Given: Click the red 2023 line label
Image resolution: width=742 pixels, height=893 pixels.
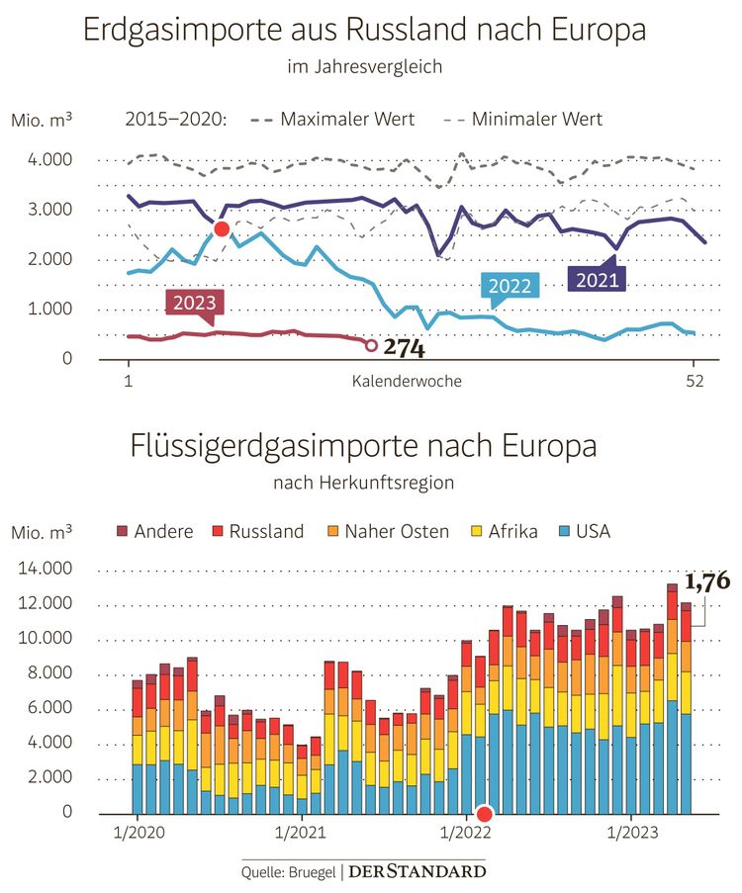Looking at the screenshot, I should pos(194,302).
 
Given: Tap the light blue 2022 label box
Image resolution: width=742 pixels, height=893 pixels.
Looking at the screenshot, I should pos(510,286).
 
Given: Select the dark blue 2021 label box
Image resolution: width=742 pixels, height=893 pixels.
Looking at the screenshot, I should pos(599,279).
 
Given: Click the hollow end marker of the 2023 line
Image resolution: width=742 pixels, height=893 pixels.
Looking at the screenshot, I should pos(371,345).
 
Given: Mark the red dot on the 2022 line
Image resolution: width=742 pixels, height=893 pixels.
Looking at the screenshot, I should pos(222,229).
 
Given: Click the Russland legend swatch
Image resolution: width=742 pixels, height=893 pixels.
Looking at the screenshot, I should pos(217,532).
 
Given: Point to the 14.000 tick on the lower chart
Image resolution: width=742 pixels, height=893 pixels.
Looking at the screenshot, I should pos(44,570).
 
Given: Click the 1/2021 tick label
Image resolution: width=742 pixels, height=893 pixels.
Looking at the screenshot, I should pos(301,835).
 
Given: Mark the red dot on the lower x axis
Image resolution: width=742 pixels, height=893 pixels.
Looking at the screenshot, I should pos(484,814).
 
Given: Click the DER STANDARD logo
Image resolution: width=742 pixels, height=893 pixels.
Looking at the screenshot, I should pos(419,871).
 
